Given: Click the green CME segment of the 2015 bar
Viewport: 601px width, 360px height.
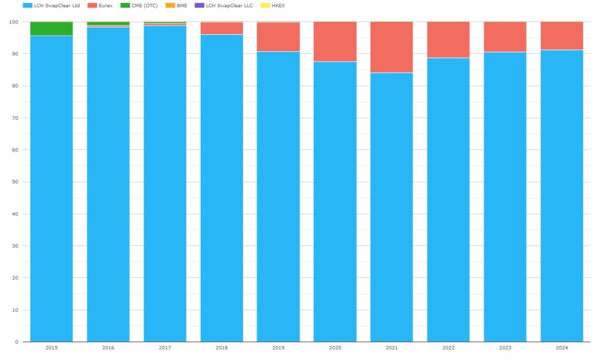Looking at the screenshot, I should click(x=52, y=29).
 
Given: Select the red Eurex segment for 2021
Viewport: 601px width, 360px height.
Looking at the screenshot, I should click(x=391, y=47).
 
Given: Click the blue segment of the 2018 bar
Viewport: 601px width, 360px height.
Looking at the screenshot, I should click(x=222, y=188).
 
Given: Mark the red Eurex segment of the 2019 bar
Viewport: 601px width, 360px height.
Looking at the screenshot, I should click(x=278, y=37).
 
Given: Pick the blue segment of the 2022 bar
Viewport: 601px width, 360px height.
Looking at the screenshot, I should click(x=448, y=200).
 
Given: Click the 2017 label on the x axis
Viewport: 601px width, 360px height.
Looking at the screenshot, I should click(x=165, y=348).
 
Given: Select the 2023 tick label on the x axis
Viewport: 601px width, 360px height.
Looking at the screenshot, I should click(x=505, y=348).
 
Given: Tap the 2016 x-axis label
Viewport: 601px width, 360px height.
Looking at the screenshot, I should click(x=108, y=348).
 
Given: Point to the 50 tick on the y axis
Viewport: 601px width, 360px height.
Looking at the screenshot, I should click(x=15, y=182).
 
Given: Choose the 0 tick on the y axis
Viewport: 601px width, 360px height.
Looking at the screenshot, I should click(x=16, y=342).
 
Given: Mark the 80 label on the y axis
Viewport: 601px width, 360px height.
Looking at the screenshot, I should click(x=15, y=86).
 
